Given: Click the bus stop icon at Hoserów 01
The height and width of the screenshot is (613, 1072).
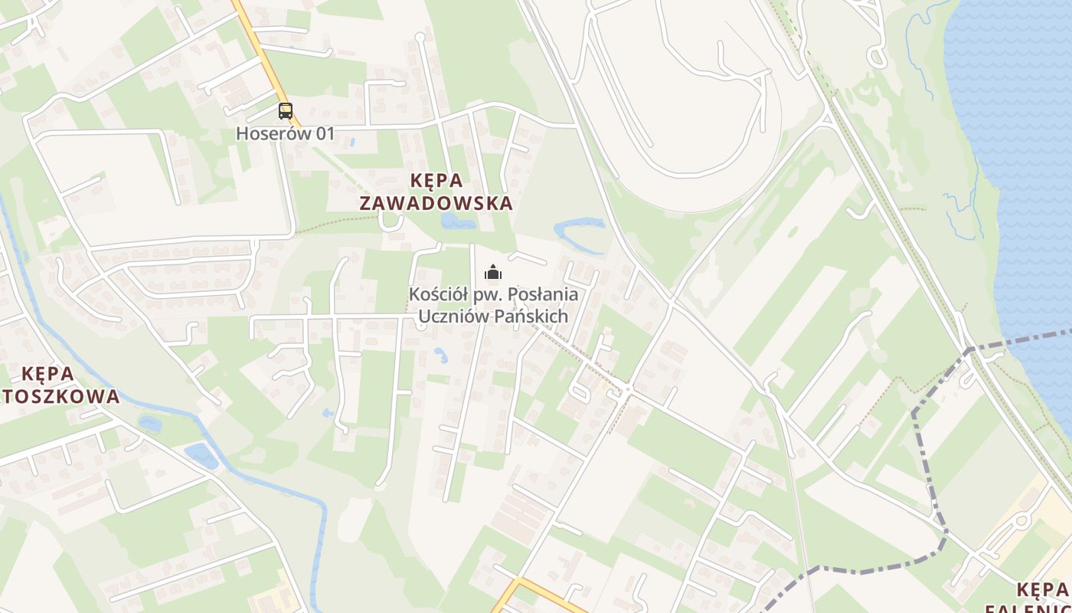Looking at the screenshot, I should pos(286,111).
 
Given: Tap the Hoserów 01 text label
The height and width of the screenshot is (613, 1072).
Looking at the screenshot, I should pos(285,133).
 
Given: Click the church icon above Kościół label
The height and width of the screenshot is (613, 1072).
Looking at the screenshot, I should pos(493,272).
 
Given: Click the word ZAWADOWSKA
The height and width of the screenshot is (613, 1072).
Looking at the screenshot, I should pos(436,204).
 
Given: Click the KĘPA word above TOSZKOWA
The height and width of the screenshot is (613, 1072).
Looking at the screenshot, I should pos(48,374).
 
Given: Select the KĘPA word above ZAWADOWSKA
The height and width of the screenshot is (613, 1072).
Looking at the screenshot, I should pos(437,181).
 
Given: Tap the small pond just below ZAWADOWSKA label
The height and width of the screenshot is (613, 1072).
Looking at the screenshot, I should pos(457,221).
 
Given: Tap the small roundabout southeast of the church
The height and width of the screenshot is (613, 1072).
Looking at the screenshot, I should pos(627,389).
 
